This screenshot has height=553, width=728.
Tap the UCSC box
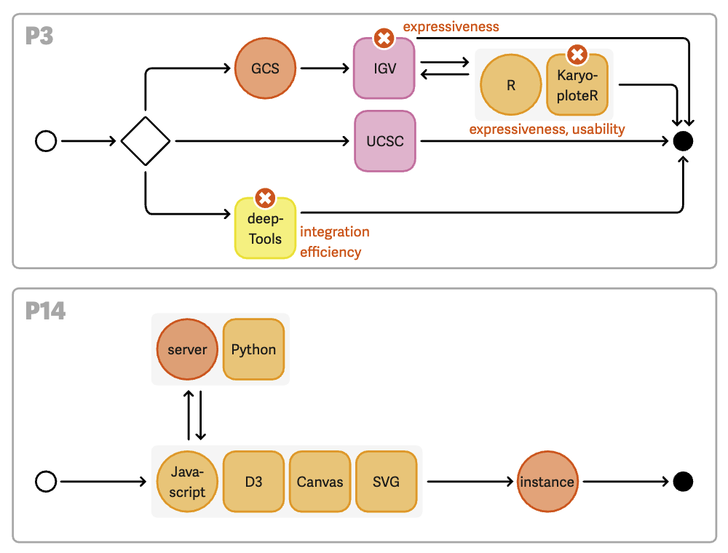pyautogui.click(x=385, y=141)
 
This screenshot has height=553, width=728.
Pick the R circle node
pyautogui.click(x=511, y=85)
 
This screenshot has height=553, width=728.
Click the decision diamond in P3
pyautogui.click(x=146, y=141)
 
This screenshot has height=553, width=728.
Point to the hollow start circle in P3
pyautogui.click(x=46, y=141)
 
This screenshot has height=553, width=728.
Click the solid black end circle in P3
pyautogui.click(x=683, y=141)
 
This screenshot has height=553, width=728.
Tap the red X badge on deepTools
pyautogui.click(x=265, y=198)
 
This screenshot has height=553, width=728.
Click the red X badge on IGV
pyautogui.click(x=384, y=38)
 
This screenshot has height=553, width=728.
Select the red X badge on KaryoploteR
pyautogui.click(x=577, y=54)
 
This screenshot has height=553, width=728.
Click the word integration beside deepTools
pyautogui.click(x=335, y=232)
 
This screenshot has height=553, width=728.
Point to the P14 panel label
pyautogui.click(x=46, y=311)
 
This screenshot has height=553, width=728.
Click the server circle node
pyautogui.click(x=187, y=349)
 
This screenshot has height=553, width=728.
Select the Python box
pyautogui.click(x=253, y=349)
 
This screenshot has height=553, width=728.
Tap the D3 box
pyautogui.click(x=253, y=482)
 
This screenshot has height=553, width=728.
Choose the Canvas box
pyautogui.click(x=320, y=482)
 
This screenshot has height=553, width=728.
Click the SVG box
pyautogui.click(x=386, y=482)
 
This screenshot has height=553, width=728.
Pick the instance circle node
pyautogui.click(x=547, y=482)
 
